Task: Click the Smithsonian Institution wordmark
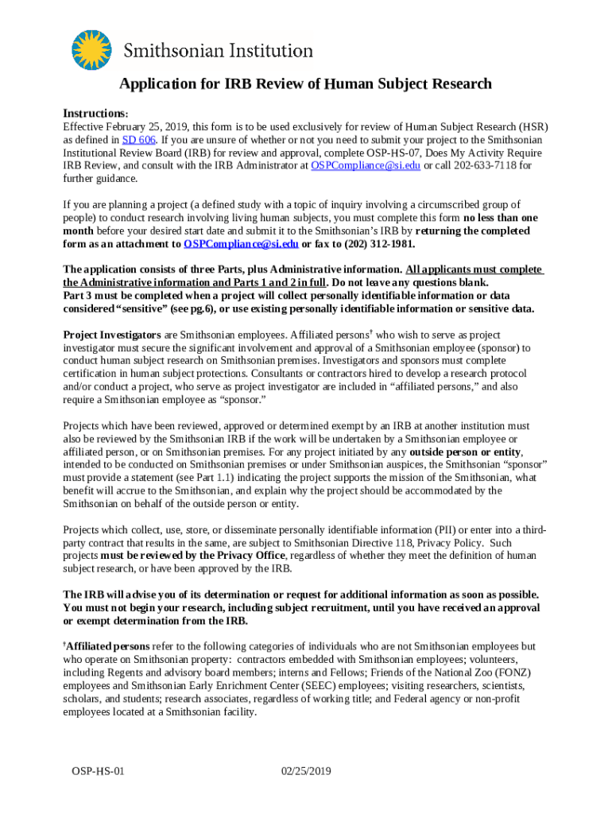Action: point(218,51)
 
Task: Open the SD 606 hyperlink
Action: point(133,140)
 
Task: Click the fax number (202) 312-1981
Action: point(381,244)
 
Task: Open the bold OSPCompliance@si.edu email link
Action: point(241,244)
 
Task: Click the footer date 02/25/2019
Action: point(306,771)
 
